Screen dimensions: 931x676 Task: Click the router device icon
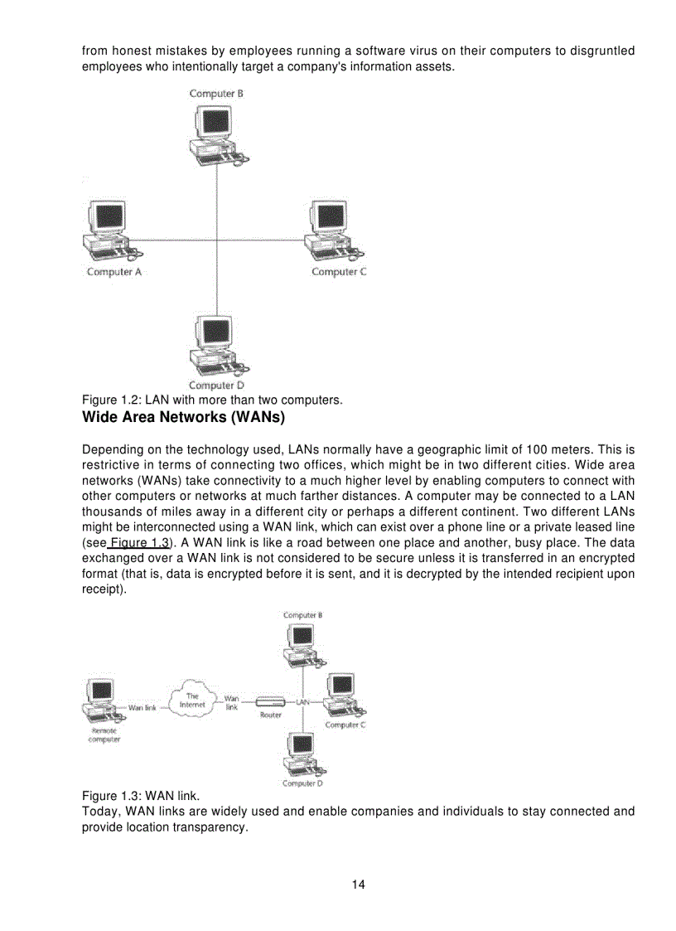[x=270, y=702]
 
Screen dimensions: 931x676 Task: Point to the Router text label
[x=270, y=715]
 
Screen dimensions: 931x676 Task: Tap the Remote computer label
[x=104, y=735]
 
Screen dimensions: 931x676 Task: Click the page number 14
[x=358, y=885]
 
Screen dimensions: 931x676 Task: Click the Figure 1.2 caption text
[x=212, y=400]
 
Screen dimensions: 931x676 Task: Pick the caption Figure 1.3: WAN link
[x=141, y=797]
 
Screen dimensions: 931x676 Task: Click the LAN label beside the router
[x=303, y=702]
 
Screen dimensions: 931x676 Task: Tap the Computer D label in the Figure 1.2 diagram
[x=216, y=385]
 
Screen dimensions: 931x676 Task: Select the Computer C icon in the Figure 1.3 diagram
[x=343, y=695]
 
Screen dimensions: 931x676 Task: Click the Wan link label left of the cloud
[x=142, y=708]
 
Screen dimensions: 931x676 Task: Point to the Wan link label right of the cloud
[x=232, y=703]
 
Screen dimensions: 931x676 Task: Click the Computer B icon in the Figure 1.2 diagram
[x=216, y=133]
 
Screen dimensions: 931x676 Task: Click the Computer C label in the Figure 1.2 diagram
[x=339, y=272]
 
